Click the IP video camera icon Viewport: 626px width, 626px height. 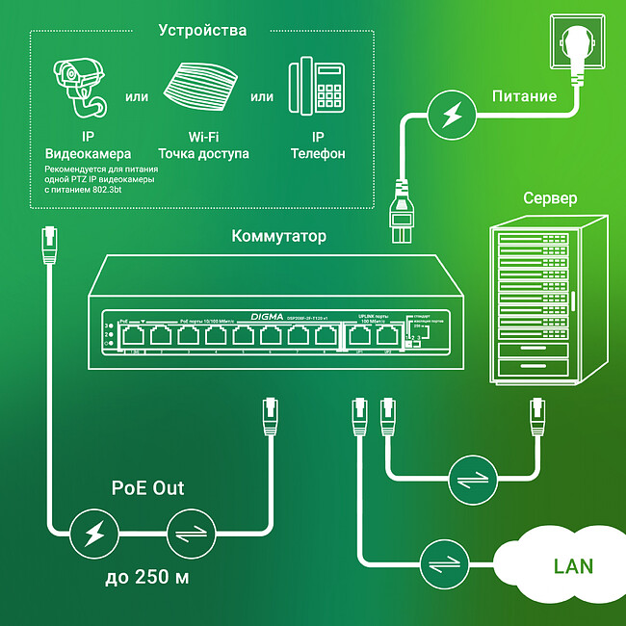click(82, 88)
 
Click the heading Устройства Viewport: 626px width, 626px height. click(202, 31)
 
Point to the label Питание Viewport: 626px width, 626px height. click(524, 95)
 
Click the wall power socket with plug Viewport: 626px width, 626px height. click(579, 43)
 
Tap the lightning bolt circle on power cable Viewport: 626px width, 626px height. click(449, 114)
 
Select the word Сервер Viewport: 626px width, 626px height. click(550, 198)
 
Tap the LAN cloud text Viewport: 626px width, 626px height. click(573, 565)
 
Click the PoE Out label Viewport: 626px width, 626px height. click(144, 488)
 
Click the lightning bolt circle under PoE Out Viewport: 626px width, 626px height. click(94, 532)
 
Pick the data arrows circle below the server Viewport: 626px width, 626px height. click(472, 479)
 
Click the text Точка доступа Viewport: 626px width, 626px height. click(203, 154)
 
